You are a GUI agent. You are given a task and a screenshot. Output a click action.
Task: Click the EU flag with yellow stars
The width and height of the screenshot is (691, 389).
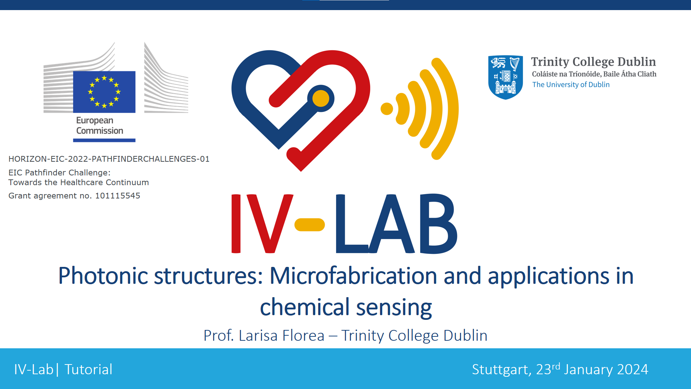pyautogui.click(x=104, y=92)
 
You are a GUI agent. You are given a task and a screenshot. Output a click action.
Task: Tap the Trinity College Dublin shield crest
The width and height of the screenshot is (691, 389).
pyautogui.click(x=505, y=77)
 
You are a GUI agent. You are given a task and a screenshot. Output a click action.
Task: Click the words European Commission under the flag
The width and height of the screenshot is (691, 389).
pyautogui.click(x=100, y=125)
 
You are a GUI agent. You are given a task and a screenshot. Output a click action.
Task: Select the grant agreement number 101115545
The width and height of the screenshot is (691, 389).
pyautogui.click(x=118, y=196)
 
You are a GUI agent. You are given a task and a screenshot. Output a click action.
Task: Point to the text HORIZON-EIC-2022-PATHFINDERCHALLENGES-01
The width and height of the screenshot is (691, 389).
pyautogui.click(x=109, y=159)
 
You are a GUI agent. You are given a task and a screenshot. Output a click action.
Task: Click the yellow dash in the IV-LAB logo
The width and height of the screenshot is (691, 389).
pyautogui.click(x=310, y=224)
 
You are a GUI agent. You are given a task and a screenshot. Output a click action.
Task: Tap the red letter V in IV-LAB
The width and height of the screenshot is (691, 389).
pyautogui.click(x=270, y=224)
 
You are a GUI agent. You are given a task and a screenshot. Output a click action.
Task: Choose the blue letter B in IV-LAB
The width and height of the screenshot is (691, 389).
pyautogui.click(x=438, y=224)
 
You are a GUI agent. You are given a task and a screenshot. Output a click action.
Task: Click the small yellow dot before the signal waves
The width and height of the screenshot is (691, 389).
pyautogui.click(x=387, y=109)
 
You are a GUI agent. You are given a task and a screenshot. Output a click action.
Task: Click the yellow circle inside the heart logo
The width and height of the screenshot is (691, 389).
pyautogui.click(x=321, y=98)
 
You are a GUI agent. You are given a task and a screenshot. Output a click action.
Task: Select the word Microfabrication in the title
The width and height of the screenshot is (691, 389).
pyautogui.click(x=353, y=276)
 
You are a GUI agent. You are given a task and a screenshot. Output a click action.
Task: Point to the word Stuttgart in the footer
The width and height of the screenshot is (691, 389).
pyautogui.click(x=500, y=370)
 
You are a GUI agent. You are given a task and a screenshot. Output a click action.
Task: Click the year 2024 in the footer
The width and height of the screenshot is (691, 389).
pyautogui.click(x=632, y=370)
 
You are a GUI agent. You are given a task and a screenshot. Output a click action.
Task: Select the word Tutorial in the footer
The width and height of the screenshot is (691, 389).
pyautogui.click(x=89, y=370)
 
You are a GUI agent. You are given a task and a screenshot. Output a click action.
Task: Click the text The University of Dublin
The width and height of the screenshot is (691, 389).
pyautogui.click(x=571, y=85)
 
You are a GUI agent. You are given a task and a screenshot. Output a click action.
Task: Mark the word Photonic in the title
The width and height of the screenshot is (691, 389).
pyautogui.click(x=103, y=276)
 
